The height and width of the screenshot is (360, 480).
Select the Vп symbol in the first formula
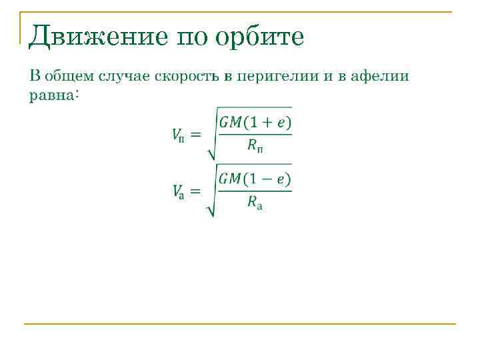[177, 136]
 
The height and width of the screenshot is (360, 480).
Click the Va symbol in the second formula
[177, 192]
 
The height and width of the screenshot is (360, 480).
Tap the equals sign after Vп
[195, 135]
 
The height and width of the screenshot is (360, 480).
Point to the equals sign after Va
[195, 191]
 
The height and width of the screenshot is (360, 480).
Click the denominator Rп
[255, 147]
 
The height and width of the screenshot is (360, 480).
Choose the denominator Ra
[255, 204]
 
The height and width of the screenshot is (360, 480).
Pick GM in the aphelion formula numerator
[230, 179]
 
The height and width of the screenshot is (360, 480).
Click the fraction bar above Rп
[255, 135]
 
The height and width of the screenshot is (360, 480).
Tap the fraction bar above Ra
[255, 191]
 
